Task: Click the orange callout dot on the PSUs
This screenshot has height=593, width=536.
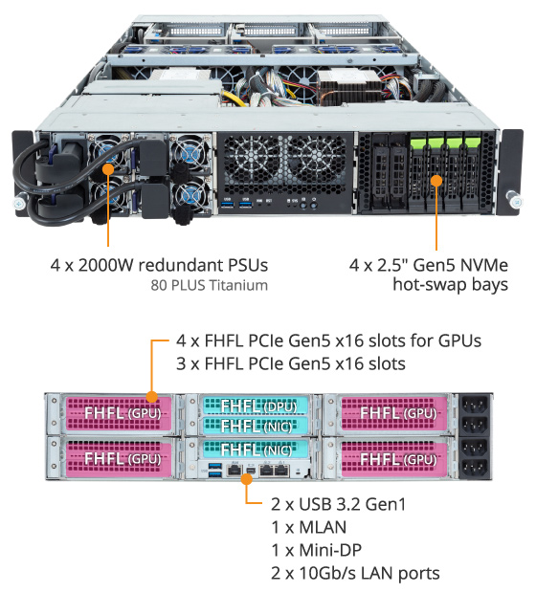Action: (108, 169)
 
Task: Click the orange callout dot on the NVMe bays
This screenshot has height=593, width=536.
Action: (436, 181)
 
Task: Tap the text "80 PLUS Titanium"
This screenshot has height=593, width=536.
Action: (209, 285)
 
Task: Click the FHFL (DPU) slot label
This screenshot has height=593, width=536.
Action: (258, 406)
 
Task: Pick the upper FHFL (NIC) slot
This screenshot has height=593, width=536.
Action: (257, 427)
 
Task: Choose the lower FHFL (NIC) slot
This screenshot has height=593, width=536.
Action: (257, 450)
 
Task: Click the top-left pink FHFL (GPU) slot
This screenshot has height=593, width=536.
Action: (119, 413)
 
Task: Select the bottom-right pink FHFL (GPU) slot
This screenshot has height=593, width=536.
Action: (394, 459)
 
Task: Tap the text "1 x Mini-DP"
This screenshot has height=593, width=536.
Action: (317, 550)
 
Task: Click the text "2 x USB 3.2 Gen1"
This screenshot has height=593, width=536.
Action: (338, 504)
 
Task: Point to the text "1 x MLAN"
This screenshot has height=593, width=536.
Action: (308, 527)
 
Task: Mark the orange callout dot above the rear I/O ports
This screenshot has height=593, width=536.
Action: (246, 479)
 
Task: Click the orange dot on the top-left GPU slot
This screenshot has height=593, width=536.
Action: (152, 397)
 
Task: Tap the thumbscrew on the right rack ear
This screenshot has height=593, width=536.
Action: (514, 199)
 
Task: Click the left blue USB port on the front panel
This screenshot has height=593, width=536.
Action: (228, 205)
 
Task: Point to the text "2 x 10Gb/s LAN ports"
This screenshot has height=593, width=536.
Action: (355, 573)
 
